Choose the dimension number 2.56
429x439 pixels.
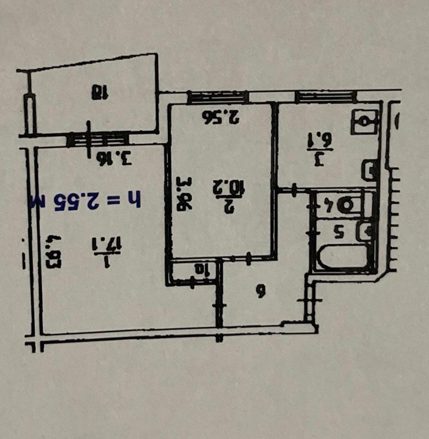click(x=220, y=116)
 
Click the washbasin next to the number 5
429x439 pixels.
click(x=363, y=231)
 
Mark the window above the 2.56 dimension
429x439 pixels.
click(x=217, y=97)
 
